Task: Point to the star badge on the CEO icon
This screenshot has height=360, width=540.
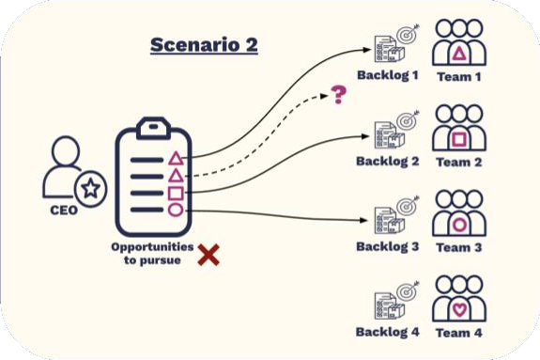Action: [x=91, y=189]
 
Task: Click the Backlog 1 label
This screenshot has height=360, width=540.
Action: [x=388, y=75]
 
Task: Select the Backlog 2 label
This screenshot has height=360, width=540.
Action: [x=388, y=162]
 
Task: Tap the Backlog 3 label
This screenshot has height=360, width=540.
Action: [x=388, y=247]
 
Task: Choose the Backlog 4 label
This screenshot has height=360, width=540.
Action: [x=388, y=332]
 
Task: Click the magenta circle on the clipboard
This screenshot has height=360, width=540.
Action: [x=175, y=210]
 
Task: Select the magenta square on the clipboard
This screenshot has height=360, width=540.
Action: [x=175, y=193]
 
